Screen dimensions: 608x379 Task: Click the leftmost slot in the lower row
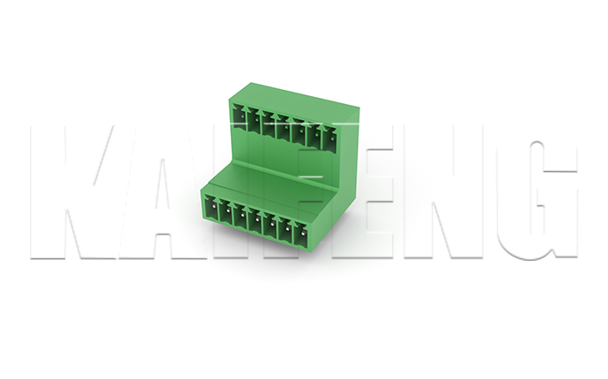tap(211, 210)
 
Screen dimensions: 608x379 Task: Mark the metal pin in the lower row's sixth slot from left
tap(287, 229)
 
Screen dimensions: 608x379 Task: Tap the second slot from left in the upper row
tap(255, 119)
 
